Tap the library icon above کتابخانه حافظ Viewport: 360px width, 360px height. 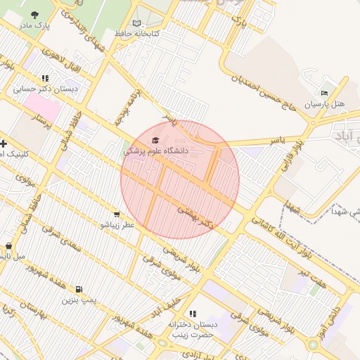(x=136, y=23)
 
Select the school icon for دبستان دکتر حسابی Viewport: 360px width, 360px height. (x=46, y=79)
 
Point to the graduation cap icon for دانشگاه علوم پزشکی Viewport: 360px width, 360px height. (x=155, y=140)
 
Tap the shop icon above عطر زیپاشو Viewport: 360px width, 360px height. (x=117, y=214)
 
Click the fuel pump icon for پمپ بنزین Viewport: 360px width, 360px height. (x=77, y=290)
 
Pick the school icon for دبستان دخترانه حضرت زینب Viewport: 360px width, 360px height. (x=193, y=314)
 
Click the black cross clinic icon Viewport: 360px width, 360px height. (x=4, y=143)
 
